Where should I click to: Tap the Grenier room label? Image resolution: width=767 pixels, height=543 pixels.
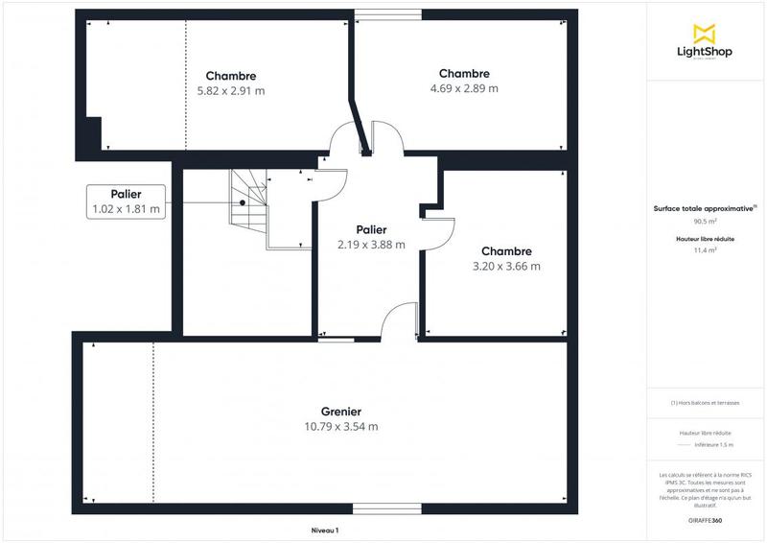click(340, 412)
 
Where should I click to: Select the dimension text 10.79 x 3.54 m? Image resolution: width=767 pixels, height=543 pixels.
click(340, 427)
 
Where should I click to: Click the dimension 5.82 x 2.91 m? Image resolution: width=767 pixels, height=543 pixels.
click(230, 91)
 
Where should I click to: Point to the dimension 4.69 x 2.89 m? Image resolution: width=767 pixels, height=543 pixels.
click(464, 88)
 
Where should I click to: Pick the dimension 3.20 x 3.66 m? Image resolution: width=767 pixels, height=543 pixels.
click(506, 267)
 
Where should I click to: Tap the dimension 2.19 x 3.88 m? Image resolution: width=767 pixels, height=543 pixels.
click(371, 245)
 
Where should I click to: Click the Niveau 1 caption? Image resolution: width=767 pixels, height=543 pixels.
click(325, 531)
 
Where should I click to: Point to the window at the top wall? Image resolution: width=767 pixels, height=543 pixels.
click(386, 13)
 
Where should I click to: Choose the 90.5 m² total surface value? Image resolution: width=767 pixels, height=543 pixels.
click(705, 220)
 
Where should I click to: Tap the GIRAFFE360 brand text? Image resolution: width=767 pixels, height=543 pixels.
click(705, 519)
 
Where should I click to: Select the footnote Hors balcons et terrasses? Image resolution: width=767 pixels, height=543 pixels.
click(705, 403)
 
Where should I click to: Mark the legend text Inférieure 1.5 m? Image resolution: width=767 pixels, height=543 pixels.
click(714, 445)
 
